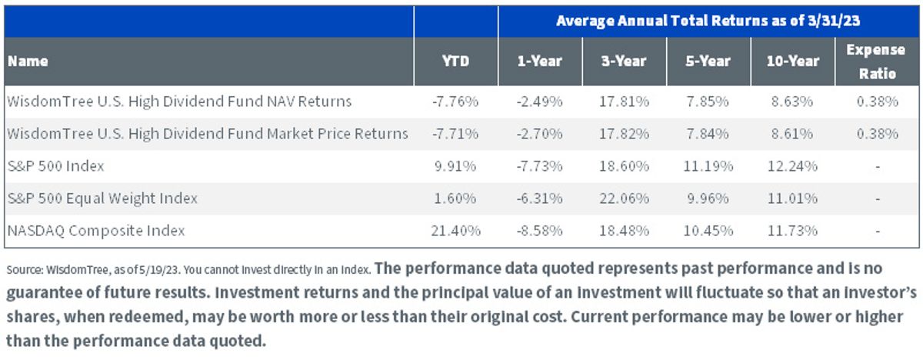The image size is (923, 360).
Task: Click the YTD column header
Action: [455, 61]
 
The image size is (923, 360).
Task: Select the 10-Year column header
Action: [793, 61]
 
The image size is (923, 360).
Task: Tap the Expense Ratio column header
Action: [876, 62]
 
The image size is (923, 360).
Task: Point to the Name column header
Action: [28, 61]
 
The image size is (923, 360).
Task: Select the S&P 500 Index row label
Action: [55, 166]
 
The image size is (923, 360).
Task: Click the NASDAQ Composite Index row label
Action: [96, 231]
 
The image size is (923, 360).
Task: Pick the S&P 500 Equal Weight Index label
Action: [102, 198]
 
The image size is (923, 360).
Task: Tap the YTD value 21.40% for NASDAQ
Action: [455, 231]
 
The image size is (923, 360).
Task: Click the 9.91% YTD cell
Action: [455, 166]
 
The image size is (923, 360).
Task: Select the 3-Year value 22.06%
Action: [624, 198]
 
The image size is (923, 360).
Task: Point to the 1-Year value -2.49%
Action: [539, 102]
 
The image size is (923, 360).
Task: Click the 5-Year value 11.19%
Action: [708, 166]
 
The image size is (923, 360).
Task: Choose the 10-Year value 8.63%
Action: [792, 102]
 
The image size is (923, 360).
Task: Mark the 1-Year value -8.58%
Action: [539, 231]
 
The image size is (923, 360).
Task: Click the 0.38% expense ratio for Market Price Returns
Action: [878, 134]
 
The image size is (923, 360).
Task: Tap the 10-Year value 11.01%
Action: [792, 198]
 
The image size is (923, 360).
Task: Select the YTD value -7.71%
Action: [455, 134]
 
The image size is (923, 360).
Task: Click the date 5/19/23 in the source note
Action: [159, 270]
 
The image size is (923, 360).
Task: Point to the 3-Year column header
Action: [624, 61]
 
